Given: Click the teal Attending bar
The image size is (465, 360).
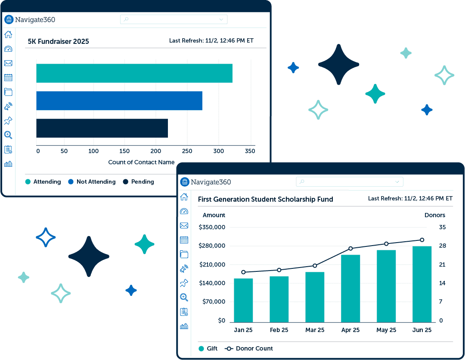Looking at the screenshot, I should point(134,73).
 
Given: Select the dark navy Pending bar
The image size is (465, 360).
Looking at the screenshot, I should point(102,128).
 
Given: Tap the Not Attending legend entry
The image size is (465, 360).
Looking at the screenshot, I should point(92,182).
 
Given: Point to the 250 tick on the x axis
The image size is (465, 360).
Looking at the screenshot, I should point(187,151).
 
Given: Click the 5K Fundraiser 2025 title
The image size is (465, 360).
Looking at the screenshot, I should point(58,42).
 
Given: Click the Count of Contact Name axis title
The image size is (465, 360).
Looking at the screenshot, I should point(141,162).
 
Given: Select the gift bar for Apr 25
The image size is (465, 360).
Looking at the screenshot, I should point(350,288).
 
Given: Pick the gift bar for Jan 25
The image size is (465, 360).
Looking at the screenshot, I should point(243,300).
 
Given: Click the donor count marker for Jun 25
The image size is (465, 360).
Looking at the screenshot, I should point(422,240).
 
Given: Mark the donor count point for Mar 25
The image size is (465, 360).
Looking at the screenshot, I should point(315,266).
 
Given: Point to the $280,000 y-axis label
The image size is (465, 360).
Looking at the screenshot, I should point(212,246).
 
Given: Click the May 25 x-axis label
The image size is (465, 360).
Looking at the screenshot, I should point(386,330).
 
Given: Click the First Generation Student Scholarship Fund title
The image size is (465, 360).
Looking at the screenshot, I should point(265,199).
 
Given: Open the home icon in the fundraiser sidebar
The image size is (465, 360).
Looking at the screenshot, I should point(8,35).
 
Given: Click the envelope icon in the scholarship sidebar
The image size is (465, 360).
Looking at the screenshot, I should point(184,225).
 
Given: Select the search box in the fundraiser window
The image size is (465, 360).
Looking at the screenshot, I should point(174,19).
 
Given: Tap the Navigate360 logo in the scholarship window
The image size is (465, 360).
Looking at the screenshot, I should point(205,182).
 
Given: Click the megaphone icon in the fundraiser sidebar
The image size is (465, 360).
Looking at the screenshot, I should point(8,106).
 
